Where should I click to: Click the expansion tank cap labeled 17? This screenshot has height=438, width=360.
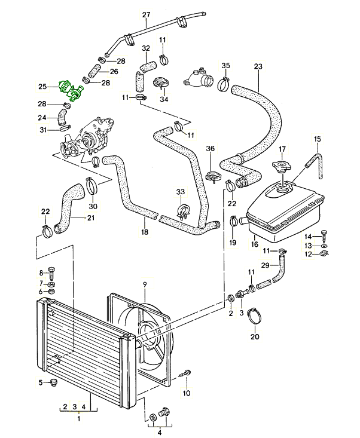pos(282,166)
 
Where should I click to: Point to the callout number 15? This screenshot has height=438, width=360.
pos(317,139)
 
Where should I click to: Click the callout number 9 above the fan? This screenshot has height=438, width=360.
pos(144,283)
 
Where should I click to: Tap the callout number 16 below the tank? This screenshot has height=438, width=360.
pos(254,244)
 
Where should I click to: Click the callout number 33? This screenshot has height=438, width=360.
pos(181,192)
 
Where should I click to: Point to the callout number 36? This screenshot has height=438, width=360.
pos(210,149)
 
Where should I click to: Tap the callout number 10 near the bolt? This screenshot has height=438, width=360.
pos(186,393)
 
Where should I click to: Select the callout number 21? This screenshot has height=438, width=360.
pos(91,218)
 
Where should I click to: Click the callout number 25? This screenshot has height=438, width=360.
pos(42,87)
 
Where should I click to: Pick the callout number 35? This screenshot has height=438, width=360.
pos(225,65)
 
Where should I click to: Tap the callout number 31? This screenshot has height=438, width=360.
pos(43,130)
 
